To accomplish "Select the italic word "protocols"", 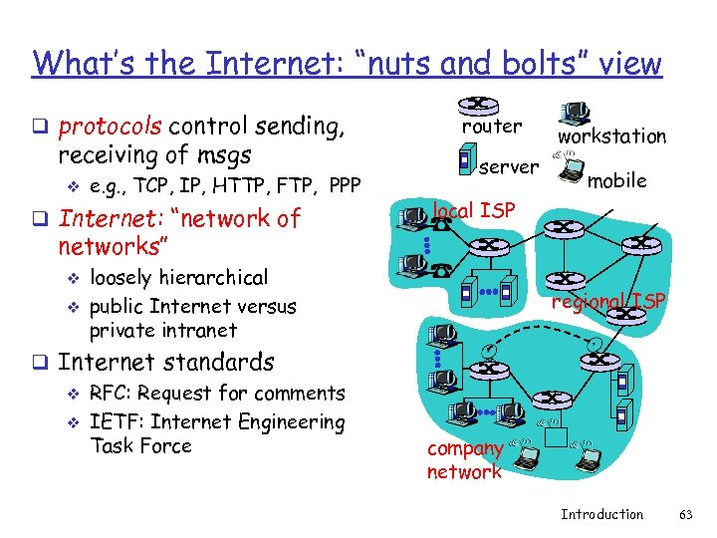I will [110, 128].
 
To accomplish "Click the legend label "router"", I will [491, 127].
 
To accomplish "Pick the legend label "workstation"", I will [611, 135].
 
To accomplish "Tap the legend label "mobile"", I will [616, 180].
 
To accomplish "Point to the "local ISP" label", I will [473, 210].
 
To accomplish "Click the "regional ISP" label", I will [607, 301].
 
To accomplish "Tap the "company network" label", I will [463, 461].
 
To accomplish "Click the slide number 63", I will [684, 514].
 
